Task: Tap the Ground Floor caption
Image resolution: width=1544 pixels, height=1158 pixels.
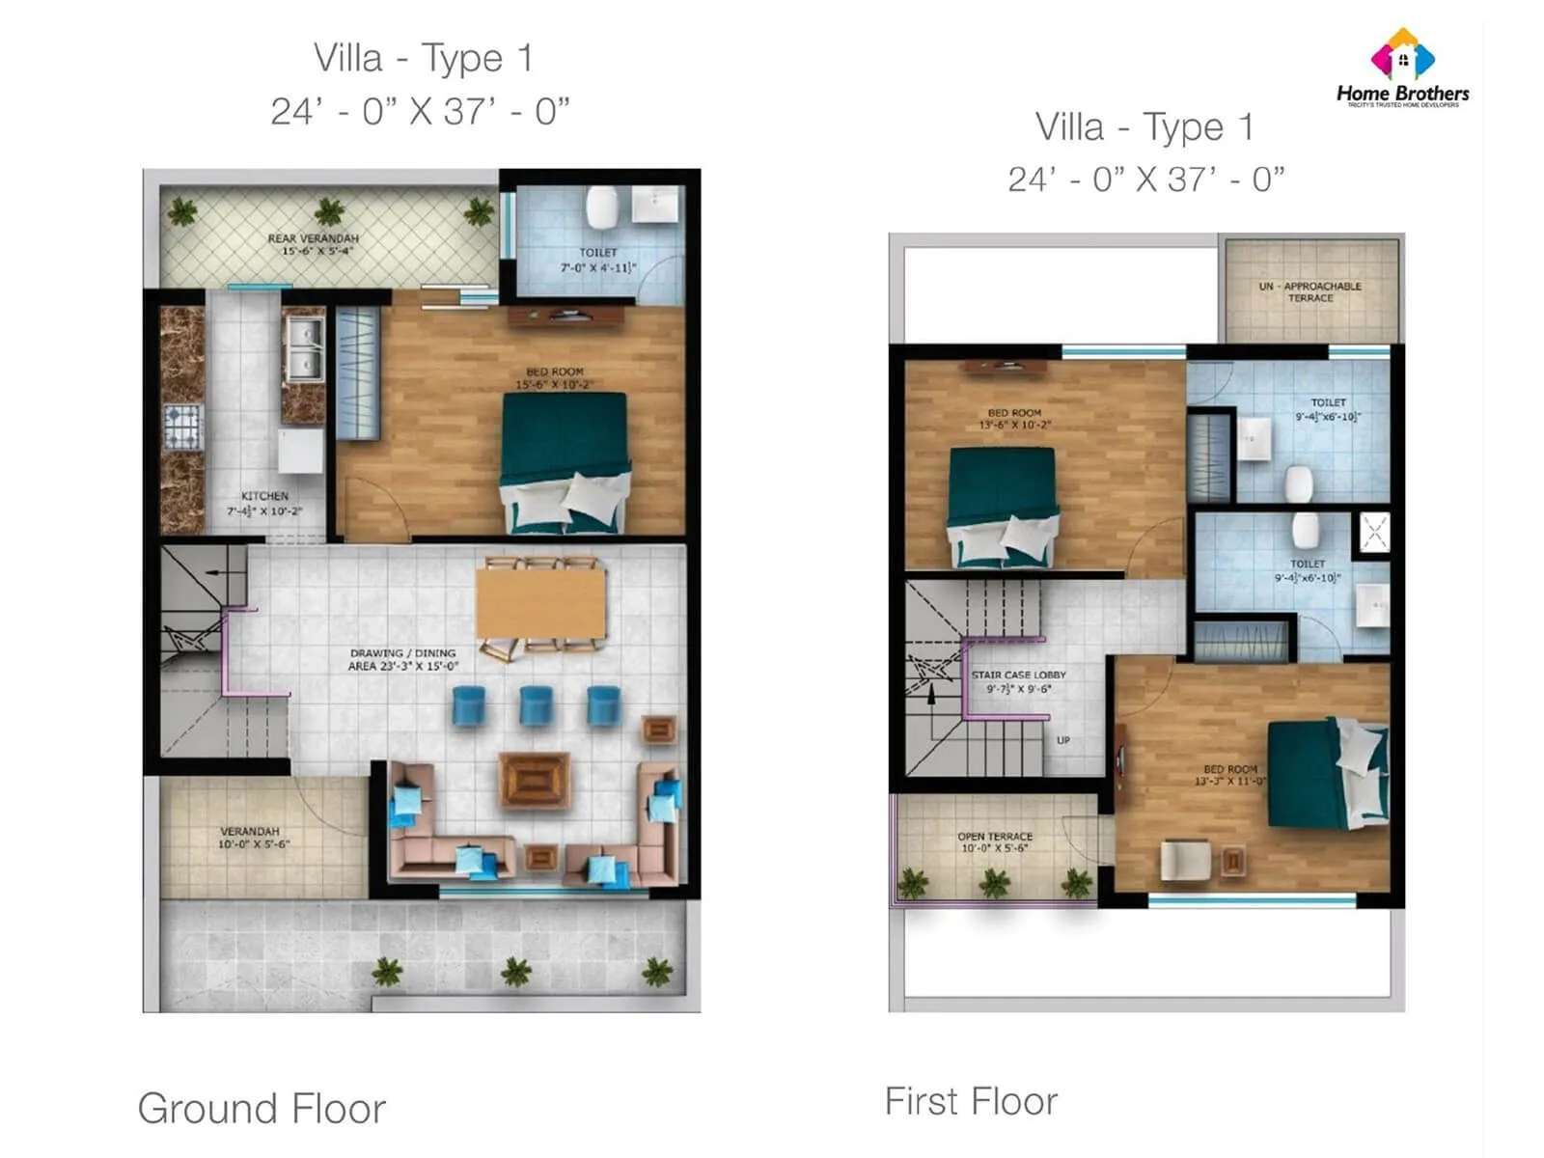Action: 262,1108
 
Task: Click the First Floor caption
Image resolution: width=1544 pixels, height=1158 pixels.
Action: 971,1101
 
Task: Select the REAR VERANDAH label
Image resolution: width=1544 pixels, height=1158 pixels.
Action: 314,244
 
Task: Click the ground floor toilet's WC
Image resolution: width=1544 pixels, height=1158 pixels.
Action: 601,206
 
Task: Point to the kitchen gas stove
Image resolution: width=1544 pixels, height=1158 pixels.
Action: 182,426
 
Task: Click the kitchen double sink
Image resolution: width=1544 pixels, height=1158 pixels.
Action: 303,349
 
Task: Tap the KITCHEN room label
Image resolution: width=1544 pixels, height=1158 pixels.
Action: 264,503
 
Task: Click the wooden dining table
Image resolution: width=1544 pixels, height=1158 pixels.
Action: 540,602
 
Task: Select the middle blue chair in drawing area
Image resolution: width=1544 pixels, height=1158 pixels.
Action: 536,704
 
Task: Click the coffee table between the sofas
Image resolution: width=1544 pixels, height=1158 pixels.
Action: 534,780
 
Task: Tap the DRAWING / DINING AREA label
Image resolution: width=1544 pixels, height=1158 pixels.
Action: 402,659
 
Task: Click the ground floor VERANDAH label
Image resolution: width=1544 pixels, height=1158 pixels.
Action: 251,837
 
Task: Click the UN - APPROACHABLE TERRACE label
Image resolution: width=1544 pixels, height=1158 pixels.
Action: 1310,291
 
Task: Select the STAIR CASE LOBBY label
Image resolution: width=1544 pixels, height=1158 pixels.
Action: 1018,681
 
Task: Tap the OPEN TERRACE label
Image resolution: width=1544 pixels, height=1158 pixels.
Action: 995,841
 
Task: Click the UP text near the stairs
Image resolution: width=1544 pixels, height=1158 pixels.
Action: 1062,740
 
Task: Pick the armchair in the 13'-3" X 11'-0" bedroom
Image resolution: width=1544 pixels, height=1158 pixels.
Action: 1185,859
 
